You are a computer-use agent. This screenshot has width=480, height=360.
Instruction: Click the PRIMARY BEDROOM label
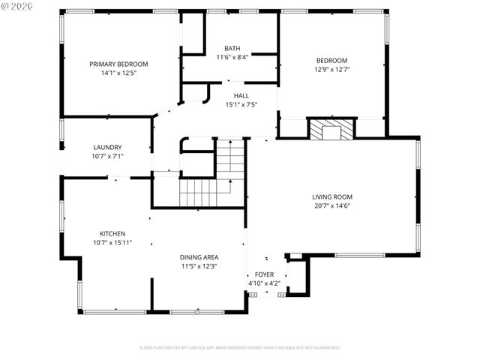pyautogui.click(x=118, y=64)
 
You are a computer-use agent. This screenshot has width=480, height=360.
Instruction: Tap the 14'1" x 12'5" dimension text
pyautogui.click(x=118, y=73)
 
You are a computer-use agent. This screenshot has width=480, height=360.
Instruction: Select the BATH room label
pyautogui.click(x=232, y=49)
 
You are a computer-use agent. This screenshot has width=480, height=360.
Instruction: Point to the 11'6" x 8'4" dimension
pyautogui.click(x=232, y=57)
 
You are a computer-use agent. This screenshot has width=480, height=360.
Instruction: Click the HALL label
pyautogui.click(x=241, y=96)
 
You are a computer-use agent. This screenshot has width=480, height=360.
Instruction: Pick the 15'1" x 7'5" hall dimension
pyautogui.click(x=241, y=105)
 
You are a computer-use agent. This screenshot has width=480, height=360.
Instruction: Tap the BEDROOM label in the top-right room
pyautogui.click(x=331, y=61)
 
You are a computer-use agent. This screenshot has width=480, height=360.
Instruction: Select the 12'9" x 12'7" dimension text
pyautogui.click(x=331, y=70)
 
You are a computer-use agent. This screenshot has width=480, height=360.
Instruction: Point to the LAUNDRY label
pyautogui.click(x=107, y=147)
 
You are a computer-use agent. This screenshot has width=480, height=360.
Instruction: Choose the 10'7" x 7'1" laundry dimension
pyautogui.click(x=107, y=156)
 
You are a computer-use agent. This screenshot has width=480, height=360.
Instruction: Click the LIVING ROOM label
pyautogui.click(x=332, y=197)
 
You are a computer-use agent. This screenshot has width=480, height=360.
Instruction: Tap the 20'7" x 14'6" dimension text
pyautogui.click(x=332, y=206)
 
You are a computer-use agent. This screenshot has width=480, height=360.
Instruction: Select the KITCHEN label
pyautogui.click(x=112, y=233)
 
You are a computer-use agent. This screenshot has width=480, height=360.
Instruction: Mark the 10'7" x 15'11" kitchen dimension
pyautogui.click(x=112, y=242)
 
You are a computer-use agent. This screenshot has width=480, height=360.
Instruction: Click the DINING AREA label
pyautogui.click(x=199, y=257)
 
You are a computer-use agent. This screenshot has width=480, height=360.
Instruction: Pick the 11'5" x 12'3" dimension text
pyautogui.click(x=199, y=266)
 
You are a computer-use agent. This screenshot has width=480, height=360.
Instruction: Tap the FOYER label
pyautogui.click(x=265, y=274)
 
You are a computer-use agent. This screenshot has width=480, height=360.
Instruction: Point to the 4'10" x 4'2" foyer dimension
pyautogui.click(x=265, y=283)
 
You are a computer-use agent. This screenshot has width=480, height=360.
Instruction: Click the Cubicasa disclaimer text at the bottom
pyautogui.click(x=239, y=348)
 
